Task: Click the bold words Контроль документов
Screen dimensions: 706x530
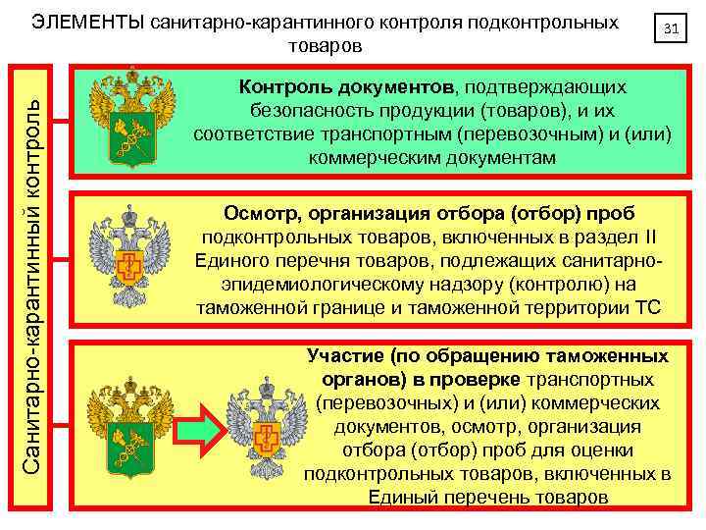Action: click(x=343, y=88)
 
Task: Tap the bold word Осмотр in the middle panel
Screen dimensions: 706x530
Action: click(x=257, y=215)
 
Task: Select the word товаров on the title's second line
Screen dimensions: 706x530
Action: click(x=326, y=46)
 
